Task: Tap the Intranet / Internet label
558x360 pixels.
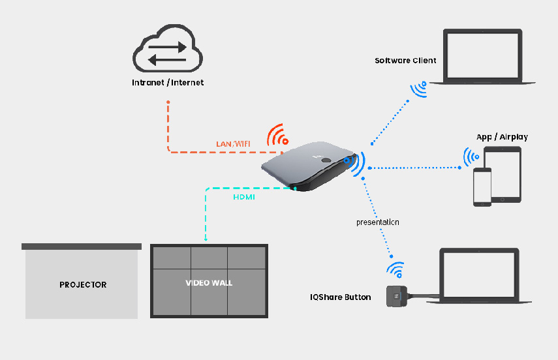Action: click(168, 83)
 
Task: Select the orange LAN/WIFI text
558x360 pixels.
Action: click(233, 144)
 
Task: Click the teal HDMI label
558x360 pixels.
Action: click(244, 197)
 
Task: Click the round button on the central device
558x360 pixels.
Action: click(326, 160)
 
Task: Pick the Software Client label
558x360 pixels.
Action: click(405, 61)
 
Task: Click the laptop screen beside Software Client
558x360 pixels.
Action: click(482, 55)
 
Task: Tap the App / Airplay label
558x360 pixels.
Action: click(502, 137)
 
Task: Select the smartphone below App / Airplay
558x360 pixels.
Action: click(482, 187)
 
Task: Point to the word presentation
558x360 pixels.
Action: click(378, 222)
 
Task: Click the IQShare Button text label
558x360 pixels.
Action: click(340, 297)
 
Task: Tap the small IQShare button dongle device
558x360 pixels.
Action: click(397, 296)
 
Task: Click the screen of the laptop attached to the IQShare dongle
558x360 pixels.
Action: click(479, 275)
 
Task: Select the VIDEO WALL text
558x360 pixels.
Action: click(209, 283)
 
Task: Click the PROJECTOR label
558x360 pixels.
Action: click(83, 285)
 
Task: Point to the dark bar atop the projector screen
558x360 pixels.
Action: click(82, 247)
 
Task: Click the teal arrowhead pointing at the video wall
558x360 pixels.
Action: click(206, 239)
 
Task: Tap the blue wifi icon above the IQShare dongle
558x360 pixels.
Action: click(395, 269)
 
